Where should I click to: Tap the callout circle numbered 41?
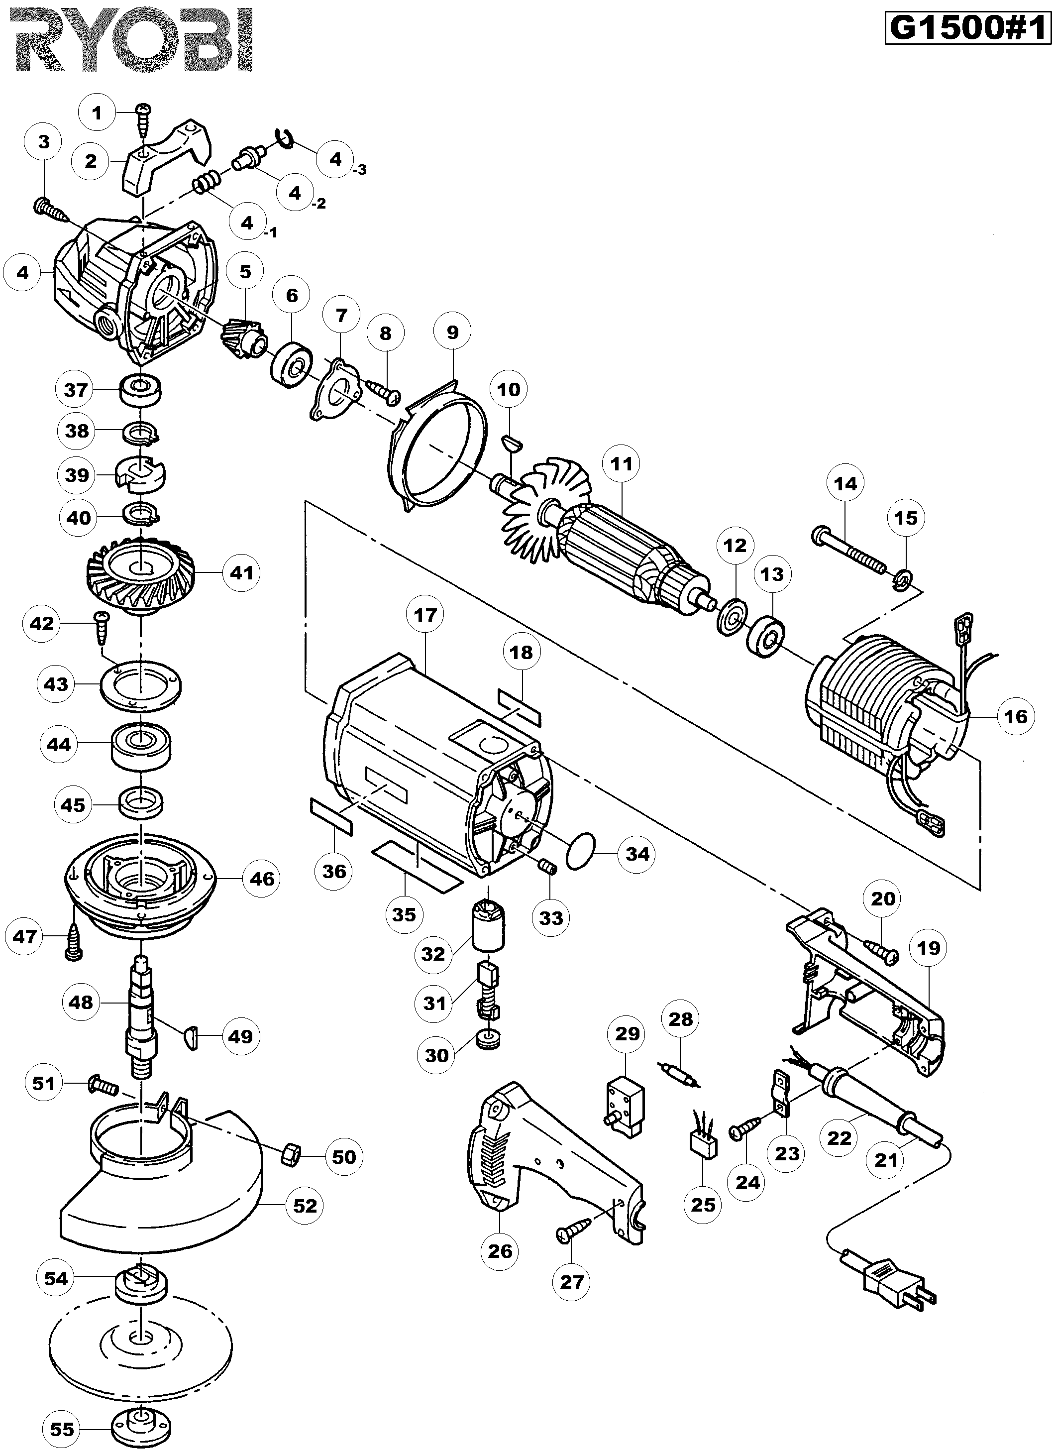pyautogui.click(x=241, y=572)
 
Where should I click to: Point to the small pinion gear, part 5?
pyautogui.click(x=241, y=331)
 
